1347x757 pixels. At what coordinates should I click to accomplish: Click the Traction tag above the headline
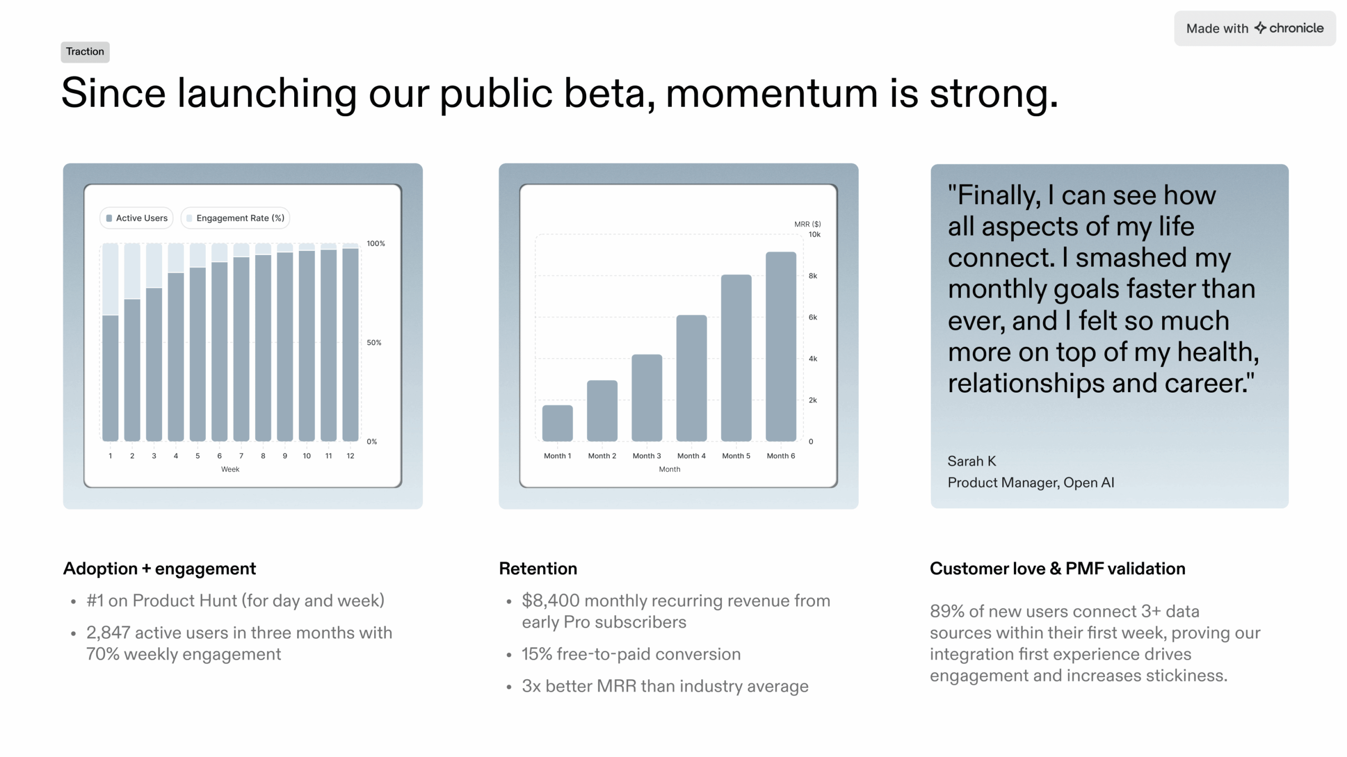point(85,52)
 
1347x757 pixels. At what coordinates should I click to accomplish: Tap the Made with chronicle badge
point(1254,28)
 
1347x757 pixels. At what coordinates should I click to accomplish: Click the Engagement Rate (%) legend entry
point(235,218)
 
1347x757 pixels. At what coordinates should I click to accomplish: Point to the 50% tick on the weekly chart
point(374,343)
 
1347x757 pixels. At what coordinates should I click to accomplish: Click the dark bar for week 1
point(110,378)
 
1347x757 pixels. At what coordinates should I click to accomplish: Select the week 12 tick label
point(350,456)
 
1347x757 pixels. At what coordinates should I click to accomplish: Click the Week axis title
point(230,469)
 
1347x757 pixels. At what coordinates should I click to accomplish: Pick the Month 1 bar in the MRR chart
point(557,423)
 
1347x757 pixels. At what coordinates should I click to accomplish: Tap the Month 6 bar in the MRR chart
point(780,347)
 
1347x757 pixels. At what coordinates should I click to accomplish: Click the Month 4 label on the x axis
point(691,456)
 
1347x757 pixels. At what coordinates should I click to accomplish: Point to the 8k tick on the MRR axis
point(812,276)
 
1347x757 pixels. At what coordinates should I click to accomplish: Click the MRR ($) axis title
point(807,224)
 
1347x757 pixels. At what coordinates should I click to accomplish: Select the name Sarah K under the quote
point(971,461)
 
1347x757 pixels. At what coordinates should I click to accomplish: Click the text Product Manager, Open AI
point(1030,483)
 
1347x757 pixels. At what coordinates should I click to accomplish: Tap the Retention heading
point(538,569)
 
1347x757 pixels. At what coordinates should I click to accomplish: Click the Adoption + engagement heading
point(159,569)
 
